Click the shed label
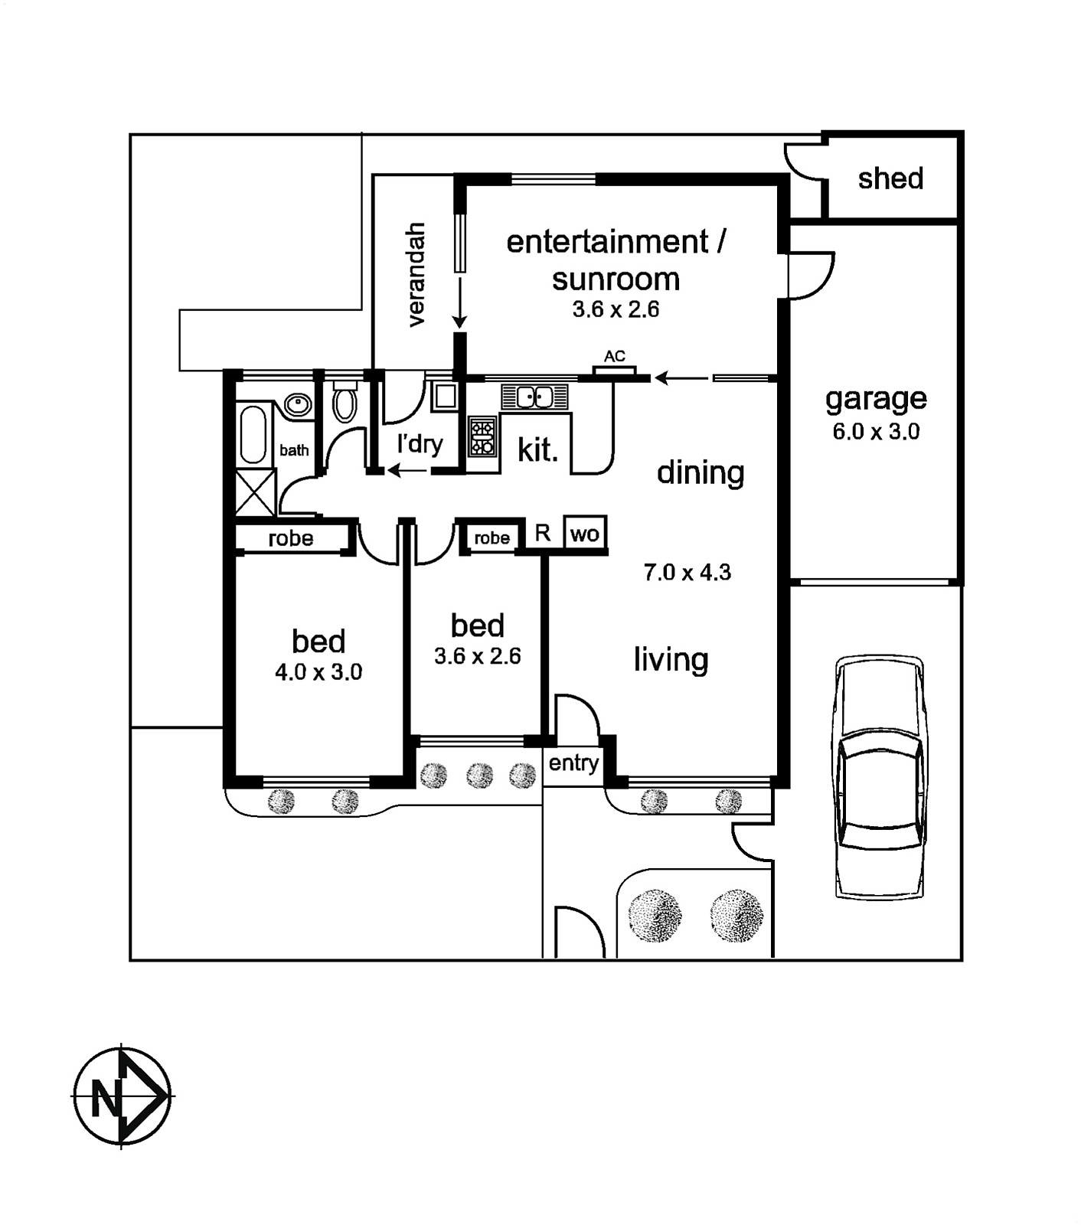click(890, 178)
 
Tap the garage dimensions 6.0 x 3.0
click(876, 432)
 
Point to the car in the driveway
click(878, 776)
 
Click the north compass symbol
click(122, 1096)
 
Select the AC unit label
click(614, 356)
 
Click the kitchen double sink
click(535, 397)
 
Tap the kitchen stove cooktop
click(482, 436)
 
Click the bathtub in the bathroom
click(253, 434)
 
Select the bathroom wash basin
click(297, 403)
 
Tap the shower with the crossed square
click(255, 492)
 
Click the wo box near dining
click(585, 534)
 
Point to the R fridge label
click(543, 533)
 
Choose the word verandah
click(416, 275)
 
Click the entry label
click(573, 763)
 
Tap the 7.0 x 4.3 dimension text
click(687, 572)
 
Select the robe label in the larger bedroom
click(291, 538)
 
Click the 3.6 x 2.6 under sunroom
click(616, 309)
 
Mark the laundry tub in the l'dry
click(444, 396)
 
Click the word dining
click(701, 472)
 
